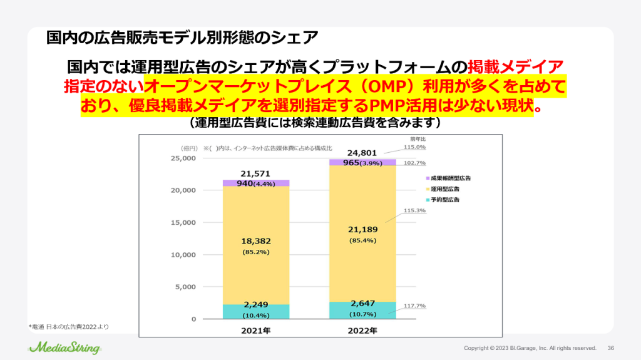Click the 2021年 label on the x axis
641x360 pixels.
click(255, 330)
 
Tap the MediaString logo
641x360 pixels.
click(64, 346)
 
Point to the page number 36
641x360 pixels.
click(611, 348)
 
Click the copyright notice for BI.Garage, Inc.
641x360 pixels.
click(530, 348)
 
